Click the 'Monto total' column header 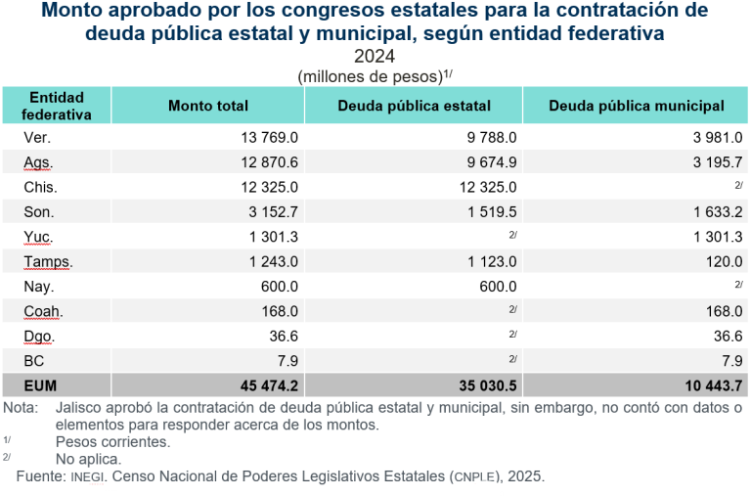click(208, 106)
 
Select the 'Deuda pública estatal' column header click(414, 106)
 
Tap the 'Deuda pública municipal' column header click(637, 106)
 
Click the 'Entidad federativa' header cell click(57, 106)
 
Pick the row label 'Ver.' click(37, 138)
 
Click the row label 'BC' click(33, 361)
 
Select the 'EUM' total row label click(39, 386)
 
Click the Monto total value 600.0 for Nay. click(279, 287)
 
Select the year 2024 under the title click(375, 57)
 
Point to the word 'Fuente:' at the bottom click(40, 476)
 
